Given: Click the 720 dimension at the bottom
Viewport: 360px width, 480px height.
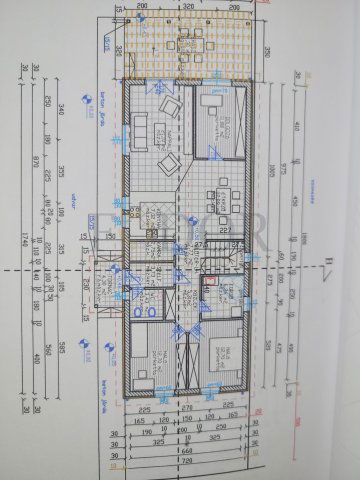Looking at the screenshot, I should pos(186,467).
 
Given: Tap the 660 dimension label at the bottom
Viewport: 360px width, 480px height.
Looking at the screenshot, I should pos(186,454).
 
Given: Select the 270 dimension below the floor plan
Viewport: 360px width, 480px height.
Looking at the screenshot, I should pos(185,407).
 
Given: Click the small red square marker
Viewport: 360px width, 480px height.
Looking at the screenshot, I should pos(209,281).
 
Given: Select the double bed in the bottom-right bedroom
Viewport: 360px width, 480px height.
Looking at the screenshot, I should pos(224,356).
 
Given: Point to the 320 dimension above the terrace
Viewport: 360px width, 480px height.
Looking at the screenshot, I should pos(189,6).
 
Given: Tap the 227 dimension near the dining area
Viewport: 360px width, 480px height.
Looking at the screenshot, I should pos(226,228).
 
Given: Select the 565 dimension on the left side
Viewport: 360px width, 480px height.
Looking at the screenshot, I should pos(62,345).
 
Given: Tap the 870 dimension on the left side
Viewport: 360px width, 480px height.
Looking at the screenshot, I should pos(34,160).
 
